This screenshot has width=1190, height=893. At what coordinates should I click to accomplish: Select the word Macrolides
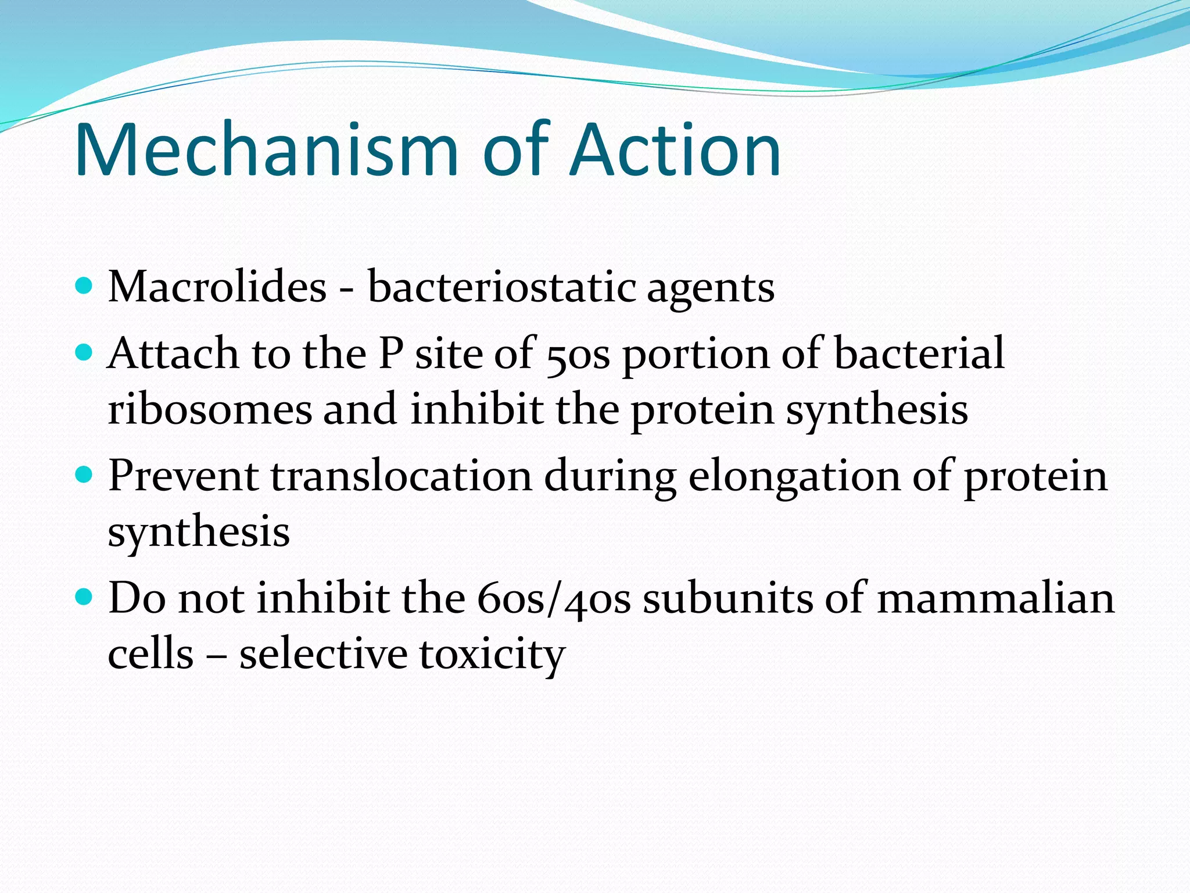coord(217,287)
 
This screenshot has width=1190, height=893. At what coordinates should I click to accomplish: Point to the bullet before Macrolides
coord(84,285)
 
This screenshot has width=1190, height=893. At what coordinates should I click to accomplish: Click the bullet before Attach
coord(84,352)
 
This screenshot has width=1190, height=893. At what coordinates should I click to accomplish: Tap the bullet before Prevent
coord(84,475)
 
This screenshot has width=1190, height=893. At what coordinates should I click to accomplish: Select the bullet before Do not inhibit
coord(84,597)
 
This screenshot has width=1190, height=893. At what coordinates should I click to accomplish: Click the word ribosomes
coord(210,409)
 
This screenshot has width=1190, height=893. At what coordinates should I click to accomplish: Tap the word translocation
coord(401,476)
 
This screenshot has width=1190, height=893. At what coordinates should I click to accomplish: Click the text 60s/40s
coord(554,599)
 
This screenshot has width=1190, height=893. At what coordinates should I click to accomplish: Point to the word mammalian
coord(995,599)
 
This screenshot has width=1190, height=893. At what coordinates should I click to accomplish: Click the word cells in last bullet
coord(150,654)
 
